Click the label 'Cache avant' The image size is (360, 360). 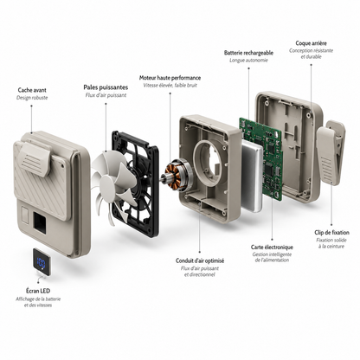32,90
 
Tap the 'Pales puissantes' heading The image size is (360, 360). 106,87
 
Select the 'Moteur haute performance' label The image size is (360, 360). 170,78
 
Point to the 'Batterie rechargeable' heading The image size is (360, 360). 248,53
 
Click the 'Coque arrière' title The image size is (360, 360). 311,43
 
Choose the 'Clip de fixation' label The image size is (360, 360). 331,233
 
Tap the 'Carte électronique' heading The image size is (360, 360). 272,247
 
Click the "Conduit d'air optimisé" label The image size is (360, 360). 200,260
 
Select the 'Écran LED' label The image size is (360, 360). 38,291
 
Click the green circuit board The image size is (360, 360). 260,157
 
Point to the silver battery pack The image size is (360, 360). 252,177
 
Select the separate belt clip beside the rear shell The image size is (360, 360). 331,153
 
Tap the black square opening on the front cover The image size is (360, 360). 40,222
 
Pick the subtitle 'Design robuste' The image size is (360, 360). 32,98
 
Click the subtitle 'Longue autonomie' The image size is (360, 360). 248,61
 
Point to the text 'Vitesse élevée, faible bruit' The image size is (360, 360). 170,86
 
